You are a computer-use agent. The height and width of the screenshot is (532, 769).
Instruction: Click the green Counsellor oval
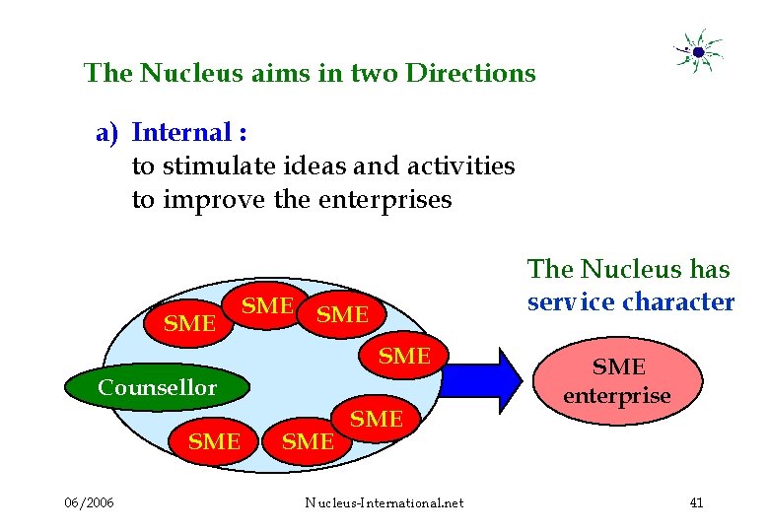click(156, 387)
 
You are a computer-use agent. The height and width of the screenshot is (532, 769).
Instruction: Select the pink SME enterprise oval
click(616, 381)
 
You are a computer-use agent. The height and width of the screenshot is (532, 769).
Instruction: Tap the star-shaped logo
click(698, 51)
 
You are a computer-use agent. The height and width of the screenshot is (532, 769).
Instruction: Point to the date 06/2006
click(89, 503)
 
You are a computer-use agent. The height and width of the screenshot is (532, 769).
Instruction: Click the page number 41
click(696, 503)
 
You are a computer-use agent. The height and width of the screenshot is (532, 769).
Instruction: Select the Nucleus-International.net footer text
click(384, 503)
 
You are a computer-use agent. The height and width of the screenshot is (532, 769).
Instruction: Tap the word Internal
click(182, 132)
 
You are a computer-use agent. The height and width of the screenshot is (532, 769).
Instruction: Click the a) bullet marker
click(106, 132)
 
